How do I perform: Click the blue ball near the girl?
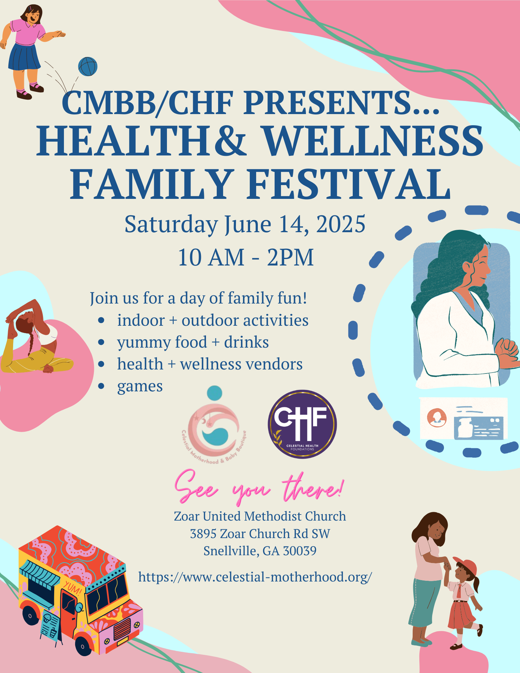pyautogui.click(x=88, y=66)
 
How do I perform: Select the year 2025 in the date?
pyautogui.click(x=341, y=224)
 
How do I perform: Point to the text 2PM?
pyautogui.click(x=290, y=257)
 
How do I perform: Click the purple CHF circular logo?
pyautogui.click(x=302, y=424)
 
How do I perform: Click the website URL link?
pyautogui.click(x=255, y=577)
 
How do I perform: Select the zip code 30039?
pyautogui.click(x=300, y=551)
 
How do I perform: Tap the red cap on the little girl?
pyautogui.click(x=465, y=566)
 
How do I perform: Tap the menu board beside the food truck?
pyautogui.click(x=50, y=627)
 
